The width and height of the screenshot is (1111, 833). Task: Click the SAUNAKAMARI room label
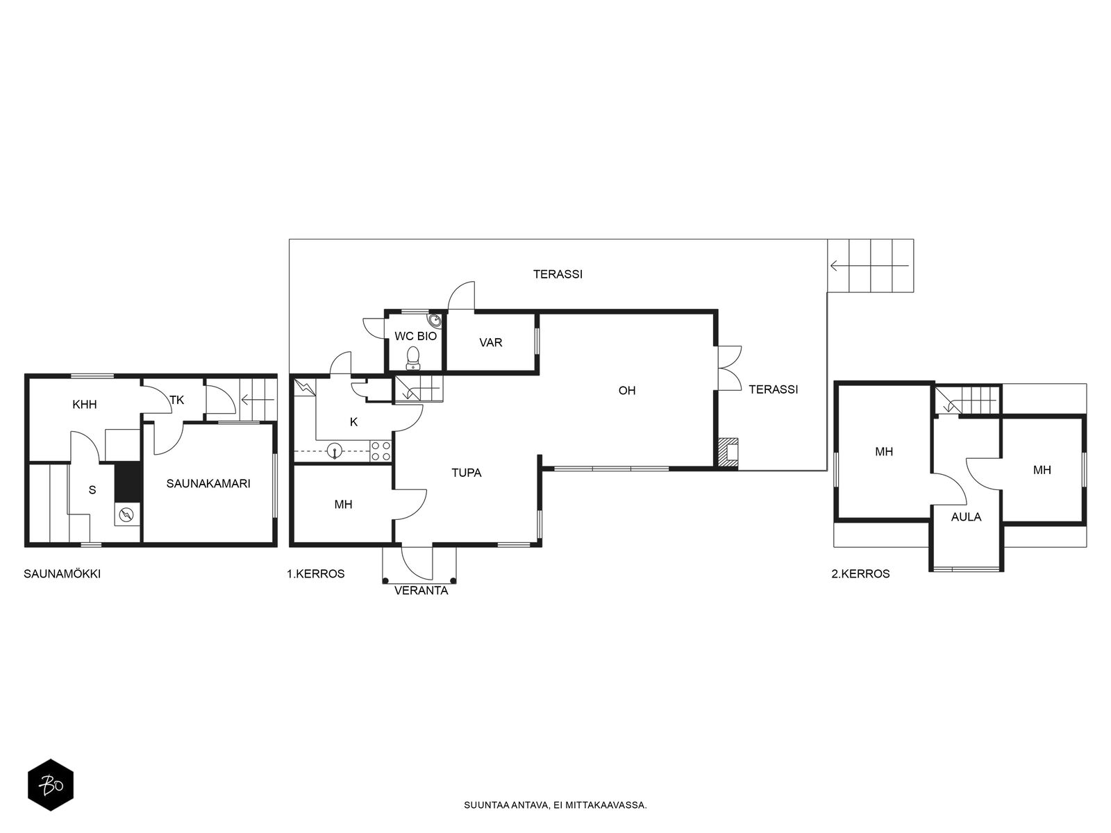coord(208,484)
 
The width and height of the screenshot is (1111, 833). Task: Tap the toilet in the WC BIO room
coord(414,357)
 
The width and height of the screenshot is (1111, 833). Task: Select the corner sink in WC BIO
coord(434,320)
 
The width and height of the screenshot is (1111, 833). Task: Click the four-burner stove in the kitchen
coord(381,451)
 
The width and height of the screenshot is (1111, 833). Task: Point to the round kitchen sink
coord(334,450)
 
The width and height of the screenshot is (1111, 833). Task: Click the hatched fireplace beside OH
coord(728,452)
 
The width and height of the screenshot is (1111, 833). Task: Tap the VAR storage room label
coord(490,342)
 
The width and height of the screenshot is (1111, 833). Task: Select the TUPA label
coord(466,473)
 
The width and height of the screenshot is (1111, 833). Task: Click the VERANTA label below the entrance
coord(421,591)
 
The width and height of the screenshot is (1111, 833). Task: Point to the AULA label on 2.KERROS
coord(966,517)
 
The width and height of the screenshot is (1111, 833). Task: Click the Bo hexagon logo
coord(51,785)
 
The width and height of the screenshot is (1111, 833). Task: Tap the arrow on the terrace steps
coord(869,266)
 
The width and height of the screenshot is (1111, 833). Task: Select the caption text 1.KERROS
coord(316,573)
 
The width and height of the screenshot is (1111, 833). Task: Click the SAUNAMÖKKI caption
coord(62,573)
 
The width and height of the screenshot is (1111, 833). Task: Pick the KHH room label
coord(85,405)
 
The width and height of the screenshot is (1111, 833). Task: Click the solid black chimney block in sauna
coord(128,482)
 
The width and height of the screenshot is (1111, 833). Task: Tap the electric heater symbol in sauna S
coord(126,515)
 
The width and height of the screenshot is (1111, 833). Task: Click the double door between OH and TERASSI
coord(729,368)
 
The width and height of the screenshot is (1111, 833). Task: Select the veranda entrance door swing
coord(417,562)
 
